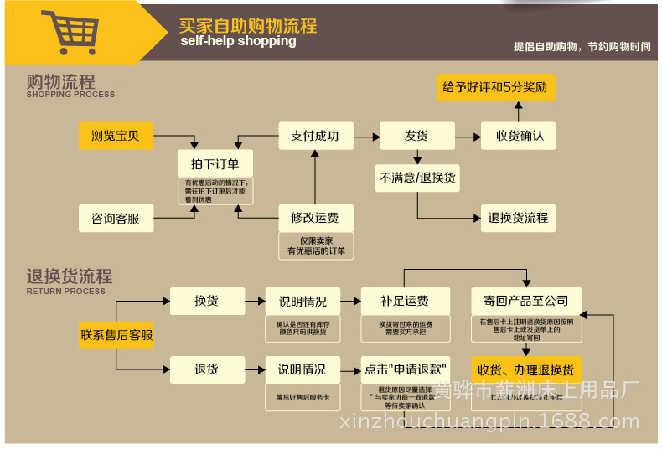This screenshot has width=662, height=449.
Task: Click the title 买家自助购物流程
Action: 248,25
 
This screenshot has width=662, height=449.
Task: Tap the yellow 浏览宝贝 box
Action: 116,136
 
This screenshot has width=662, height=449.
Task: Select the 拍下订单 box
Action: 215,163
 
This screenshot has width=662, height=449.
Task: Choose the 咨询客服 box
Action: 116,219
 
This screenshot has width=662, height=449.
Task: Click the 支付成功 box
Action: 315,136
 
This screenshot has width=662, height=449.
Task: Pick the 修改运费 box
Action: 315,218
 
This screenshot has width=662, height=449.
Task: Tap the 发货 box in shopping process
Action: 416,136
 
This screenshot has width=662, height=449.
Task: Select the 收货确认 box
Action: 519,136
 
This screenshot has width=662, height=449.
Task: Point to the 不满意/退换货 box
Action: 417,178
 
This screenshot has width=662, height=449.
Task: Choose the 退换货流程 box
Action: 518,218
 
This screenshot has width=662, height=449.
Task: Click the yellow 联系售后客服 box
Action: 116,335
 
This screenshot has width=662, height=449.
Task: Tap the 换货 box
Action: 206,301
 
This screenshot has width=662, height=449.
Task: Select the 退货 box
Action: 206,369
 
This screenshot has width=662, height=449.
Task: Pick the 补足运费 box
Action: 405,301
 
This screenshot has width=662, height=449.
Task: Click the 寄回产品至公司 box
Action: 525,301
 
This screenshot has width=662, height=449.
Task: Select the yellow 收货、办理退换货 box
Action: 525,369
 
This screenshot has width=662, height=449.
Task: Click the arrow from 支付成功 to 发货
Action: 366,136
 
